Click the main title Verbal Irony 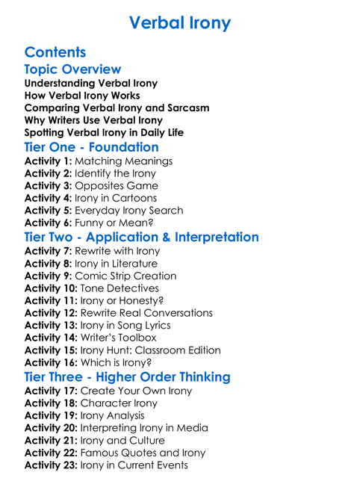click(x=180, y=23)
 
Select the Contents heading click(x=55, y=52)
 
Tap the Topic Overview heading click(x=72, y=69)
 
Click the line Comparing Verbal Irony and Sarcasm click(x=117, y=108)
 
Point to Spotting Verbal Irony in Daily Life click(x=104, y=132)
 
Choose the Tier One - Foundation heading click(x=91, y=147)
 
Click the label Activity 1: click(x=48, y=161)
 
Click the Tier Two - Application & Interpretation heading click(x=142, y=238)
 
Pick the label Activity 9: click(x=48, y=276)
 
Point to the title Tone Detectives click(x=120, y=288)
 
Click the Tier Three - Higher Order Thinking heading click(x=127, y=376)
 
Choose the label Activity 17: click(x=51, y=391)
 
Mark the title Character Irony click(x=119, y=403)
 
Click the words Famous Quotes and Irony click(x=143, y=453)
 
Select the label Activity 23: click(x=51, y=465)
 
